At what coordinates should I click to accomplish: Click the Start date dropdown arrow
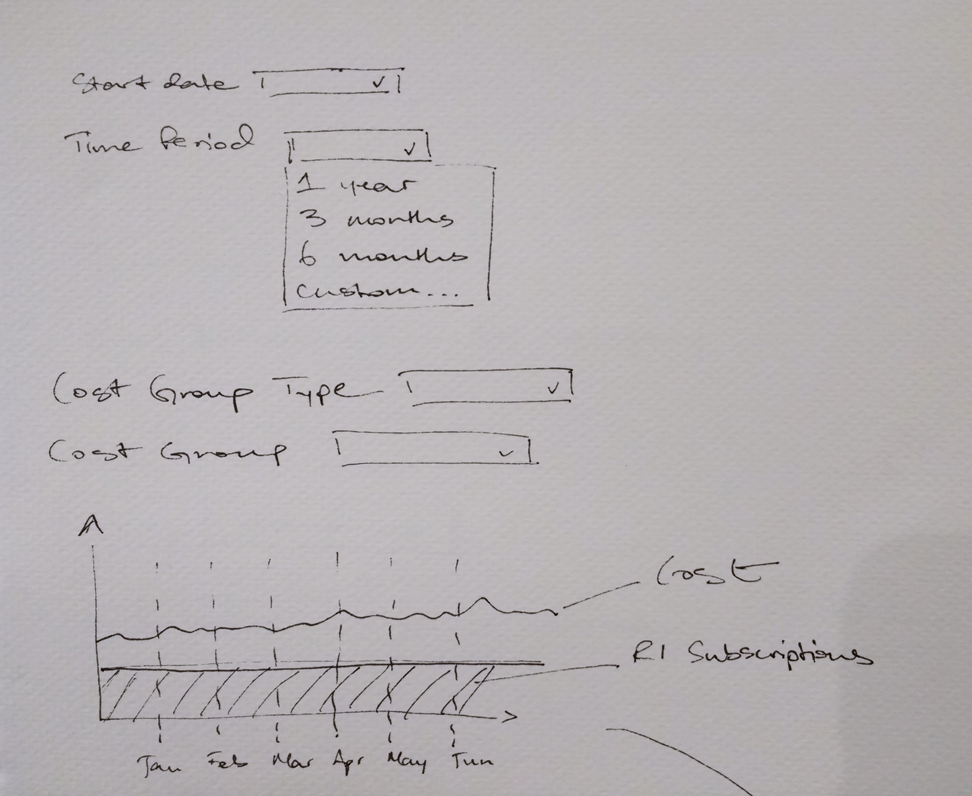pyautogui.click(x=379, y=83)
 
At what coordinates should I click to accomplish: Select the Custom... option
pyautogui.click(x=376, y=291)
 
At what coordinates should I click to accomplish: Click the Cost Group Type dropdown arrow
pyautogui.click(x=554, y=388)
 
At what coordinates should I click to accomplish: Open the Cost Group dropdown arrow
pyautogui.click(x=506, y=453)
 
